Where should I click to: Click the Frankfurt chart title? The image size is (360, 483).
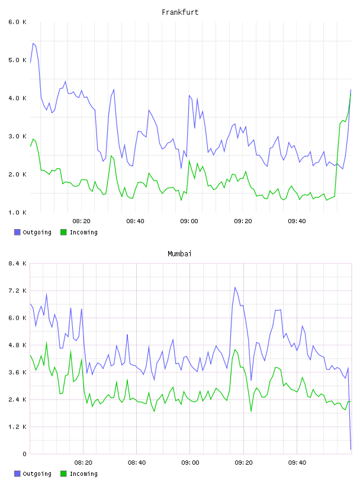180,12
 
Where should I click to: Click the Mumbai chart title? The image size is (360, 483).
179,254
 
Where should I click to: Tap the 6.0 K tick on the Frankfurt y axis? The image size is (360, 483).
17,22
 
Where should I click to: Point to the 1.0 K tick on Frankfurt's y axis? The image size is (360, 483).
17,212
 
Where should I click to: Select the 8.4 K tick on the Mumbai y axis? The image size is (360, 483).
17,263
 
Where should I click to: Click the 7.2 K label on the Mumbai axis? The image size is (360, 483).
17,291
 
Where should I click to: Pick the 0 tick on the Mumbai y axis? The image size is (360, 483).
25,454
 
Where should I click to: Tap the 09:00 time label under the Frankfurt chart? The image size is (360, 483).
189,221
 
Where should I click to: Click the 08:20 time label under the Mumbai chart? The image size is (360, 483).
83,463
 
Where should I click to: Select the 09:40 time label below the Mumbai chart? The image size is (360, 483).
297,463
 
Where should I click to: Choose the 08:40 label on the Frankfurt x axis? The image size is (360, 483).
136,221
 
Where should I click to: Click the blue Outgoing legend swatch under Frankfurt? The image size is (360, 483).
17,232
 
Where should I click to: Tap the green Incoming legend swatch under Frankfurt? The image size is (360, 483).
63,232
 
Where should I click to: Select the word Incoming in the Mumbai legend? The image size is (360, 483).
83,474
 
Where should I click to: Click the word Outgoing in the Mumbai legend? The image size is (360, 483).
37,474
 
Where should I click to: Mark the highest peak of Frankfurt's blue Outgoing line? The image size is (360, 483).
33,43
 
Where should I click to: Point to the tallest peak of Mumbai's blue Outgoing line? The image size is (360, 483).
235,288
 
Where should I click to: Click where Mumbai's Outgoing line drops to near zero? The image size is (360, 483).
351,449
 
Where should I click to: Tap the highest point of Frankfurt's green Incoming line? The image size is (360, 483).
351,94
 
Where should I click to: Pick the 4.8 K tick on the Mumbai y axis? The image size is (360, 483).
17,345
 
